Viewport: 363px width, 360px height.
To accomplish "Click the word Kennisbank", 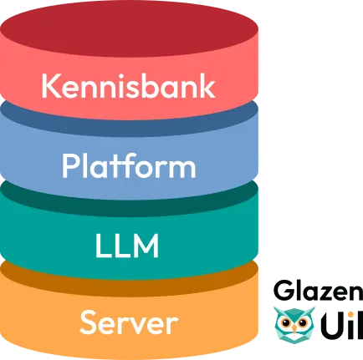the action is [129, 86].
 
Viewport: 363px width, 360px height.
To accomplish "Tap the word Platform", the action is [129, 165].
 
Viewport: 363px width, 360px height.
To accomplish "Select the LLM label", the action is [127, 246].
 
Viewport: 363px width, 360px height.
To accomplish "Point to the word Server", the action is [129, 322].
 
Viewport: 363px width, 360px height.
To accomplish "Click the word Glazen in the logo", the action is [318, 291].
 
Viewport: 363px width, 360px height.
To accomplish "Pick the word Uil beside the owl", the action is [342, 324].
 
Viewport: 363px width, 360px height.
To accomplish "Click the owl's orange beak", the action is [294, 329].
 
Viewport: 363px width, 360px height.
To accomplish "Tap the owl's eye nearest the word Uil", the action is [302, 323].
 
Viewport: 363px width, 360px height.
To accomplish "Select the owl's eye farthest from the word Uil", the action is [286, 323].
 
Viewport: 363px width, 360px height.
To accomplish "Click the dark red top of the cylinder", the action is [129, 28].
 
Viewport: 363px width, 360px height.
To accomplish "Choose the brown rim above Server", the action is [129, 281].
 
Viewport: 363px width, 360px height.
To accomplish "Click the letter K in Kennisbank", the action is [51, 86].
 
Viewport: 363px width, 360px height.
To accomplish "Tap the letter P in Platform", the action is [70, 165].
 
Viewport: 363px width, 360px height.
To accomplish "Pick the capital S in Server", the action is [89, 322].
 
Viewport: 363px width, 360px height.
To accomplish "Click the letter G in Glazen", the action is [284, 291].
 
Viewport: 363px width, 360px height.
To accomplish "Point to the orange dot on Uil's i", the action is [352, 315].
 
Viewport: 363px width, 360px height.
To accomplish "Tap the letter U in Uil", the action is [332, 325].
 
